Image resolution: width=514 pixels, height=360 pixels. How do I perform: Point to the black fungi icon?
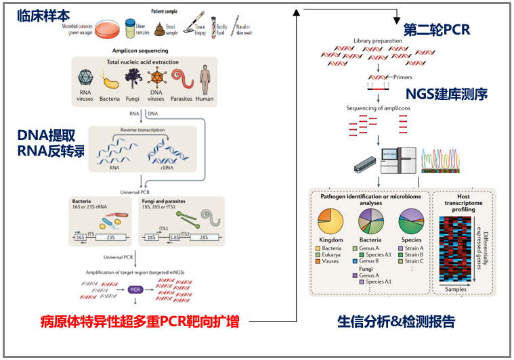[133, 81]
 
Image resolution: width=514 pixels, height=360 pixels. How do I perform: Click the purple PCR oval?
[135, 290]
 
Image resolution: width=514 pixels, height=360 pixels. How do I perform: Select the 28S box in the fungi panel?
[202, 238]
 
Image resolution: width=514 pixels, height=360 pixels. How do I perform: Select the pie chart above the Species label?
[411, 222]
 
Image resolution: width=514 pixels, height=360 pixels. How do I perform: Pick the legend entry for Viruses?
[330, 261]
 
